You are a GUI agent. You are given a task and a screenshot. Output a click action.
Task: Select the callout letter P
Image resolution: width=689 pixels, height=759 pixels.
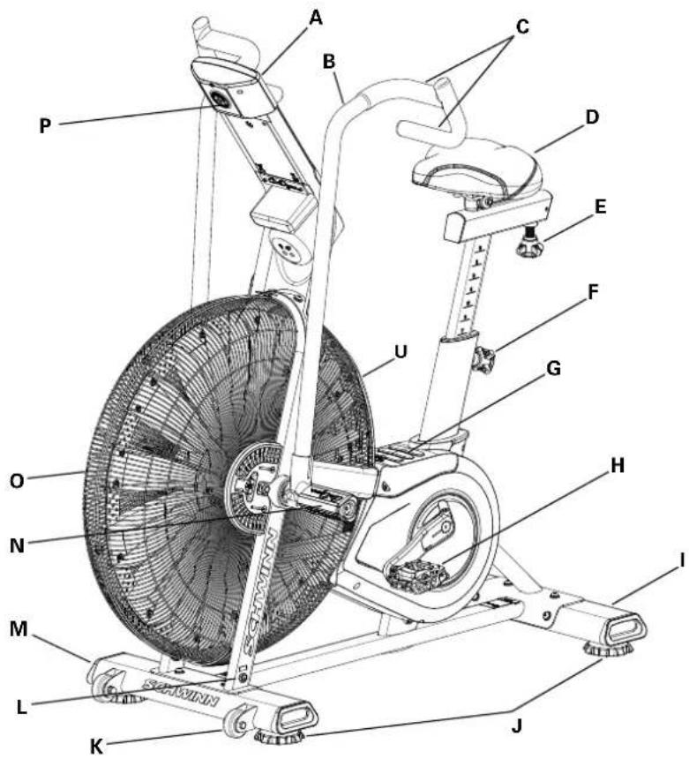(x=46, y=125)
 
